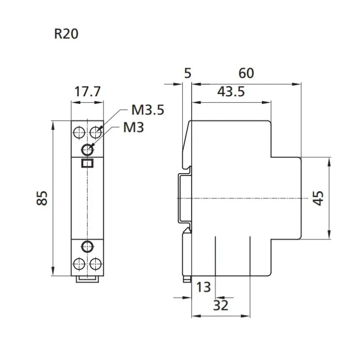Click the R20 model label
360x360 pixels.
pyautogui.click(x=66, y=35)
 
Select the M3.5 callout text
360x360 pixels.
pyautogui.click(x=148, y=110)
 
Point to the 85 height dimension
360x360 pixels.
pyautogui.click(x=42, y=198)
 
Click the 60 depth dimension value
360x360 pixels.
pyautogui.click(x=246, y=73)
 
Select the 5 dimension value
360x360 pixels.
pyautogui.click(x=188, y=73)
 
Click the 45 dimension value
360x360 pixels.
pyautogui.click(x=318, y=198)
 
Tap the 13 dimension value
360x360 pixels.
pyautogui.click(x=203, y=287)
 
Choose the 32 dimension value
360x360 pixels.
pyautogui.click(x=220, y=306)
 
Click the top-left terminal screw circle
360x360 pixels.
pyautogui.click(x=78, y=132)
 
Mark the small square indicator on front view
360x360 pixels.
pyautogui.click(x=87, y=163)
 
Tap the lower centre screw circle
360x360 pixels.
pyautogui.click(x=87, y=246)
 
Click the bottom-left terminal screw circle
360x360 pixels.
pyautogui.click(x=78, y=263)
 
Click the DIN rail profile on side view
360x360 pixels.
pyautogui.click(x=183, y=198)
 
